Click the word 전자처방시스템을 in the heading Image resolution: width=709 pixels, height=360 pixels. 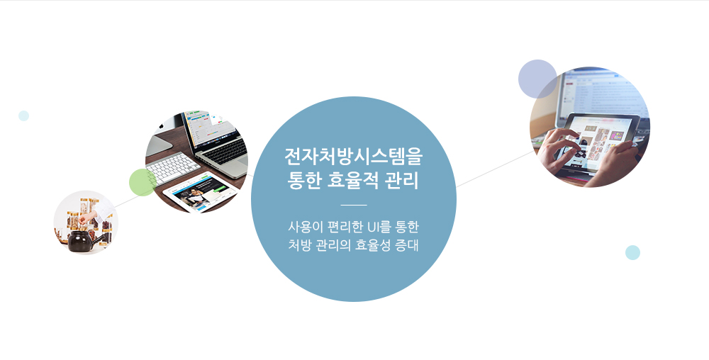click(x=354, y=157)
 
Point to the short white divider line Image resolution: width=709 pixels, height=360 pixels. click(x=354, y=205)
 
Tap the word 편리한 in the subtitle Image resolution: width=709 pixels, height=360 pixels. click(x=342, y=226)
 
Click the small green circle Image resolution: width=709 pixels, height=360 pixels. click(x=143, y=183)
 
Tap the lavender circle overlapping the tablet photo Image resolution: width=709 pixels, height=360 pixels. click(x=537, y=79)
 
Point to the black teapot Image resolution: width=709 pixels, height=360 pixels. click(x=83, y=241)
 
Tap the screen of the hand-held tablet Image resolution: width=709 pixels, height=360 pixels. click(x=598, y=142)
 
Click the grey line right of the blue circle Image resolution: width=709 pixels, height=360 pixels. click(x=495, y=169)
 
